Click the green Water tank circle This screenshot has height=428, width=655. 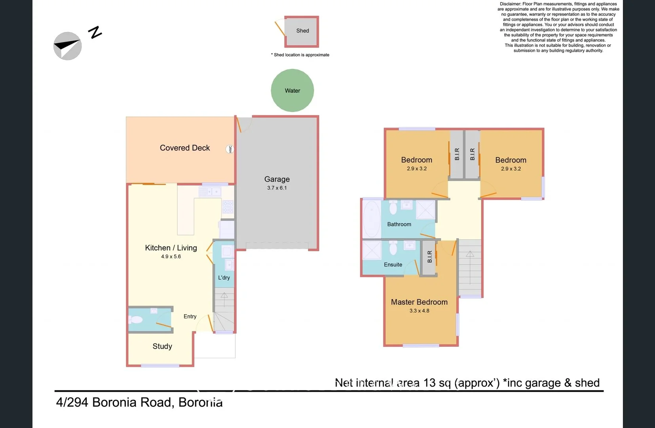pyautogui.click(x=292, y=90)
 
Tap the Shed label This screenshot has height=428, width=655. pyautogui.click(x=303, y=31)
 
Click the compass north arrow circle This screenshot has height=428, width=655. pyautogui.click(x=68, y=46)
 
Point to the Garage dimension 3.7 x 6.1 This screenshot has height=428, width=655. pyautogui.click(x=277, y=188)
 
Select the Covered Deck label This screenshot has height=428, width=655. pyautogui.click(x=185, y=148)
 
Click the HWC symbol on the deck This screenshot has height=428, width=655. pyautogui.click(x=230, y=149)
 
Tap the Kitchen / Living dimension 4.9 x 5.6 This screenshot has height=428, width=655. pyautogui.click(x=171, y=256)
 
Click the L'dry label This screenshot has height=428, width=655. pyautogui.click(x=224, y=277)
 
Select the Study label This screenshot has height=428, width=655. pyautogui.click(x=162, y=346)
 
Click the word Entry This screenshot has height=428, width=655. pyautogui.click(x=190, y=316)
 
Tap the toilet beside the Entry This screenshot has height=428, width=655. pyautogui.click(x=136, y=319)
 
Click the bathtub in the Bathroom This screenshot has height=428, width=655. pyautogui.click(x=371, y=219)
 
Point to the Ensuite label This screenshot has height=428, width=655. pyautogui.click(x=393, y=264)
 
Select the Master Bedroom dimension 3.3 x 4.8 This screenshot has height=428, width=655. pyautogui.click(x=419, y=311)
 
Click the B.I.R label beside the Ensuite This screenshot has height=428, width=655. pyautogui.click(x=430, y=257)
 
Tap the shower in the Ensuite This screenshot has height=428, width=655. pyautogui.click(x=372, y=250)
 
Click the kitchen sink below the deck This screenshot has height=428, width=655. pyautogui.click(x=210, y=192)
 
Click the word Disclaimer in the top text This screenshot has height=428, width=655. pyautogui.click(x=510, y=4)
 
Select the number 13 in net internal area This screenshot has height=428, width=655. pyautogui.click(x=430, y=382)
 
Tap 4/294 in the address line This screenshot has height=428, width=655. pyautogui.click(x=72, y=402)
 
